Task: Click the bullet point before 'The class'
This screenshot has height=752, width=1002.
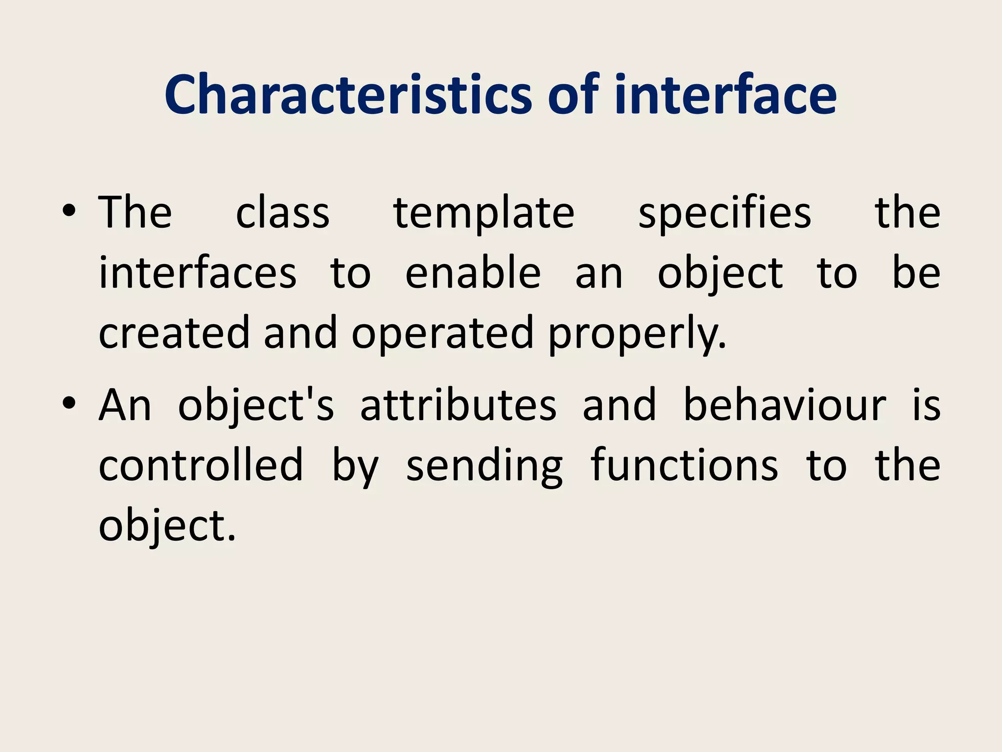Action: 69,211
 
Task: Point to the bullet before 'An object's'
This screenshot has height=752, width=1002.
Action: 69,403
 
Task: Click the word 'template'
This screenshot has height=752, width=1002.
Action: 484,214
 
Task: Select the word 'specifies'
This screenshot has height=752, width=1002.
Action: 725,214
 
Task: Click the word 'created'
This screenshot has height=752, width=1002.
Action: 174,333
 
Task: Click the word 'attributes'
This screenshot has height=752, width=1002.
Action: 458,405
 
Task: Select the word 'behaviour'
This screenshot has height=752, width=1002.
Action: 784,405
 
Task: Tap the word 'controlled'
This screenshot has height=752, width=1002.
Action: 201,465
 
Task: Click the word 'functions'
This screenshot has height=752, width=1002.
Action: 684,465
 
